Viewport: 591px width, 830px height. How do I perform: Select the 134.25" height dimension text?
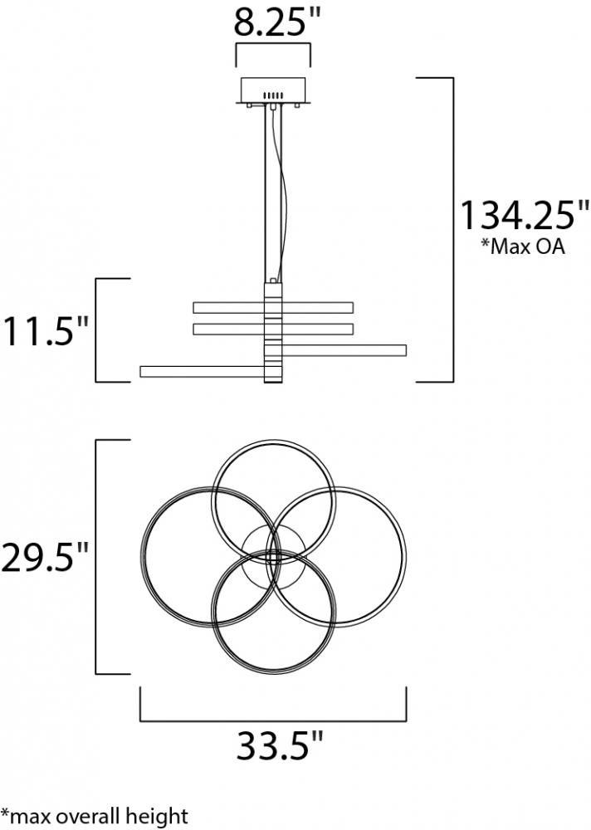pyautogui.click(x=523, y=215)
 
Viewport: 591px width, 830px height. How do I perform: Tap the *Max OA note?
pyautogui.click(x=522, y=247)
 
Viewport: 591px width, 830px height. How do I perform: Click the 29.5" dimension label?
pyautogui.click(x=44, y=556)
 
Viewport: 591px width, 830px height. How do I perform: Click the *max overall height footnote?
pyautogui.click(x=95, y=816)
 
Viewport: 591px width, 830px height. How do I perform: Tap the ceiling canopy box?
pyautogui.click(x=273, y=90)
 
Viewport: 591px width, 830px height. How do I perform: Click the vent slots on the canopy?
pyautogui.click(x=273, y=95)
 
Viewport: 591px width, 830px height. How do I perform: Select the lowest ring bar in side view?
pyautogui.click(x=203, y=372)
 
